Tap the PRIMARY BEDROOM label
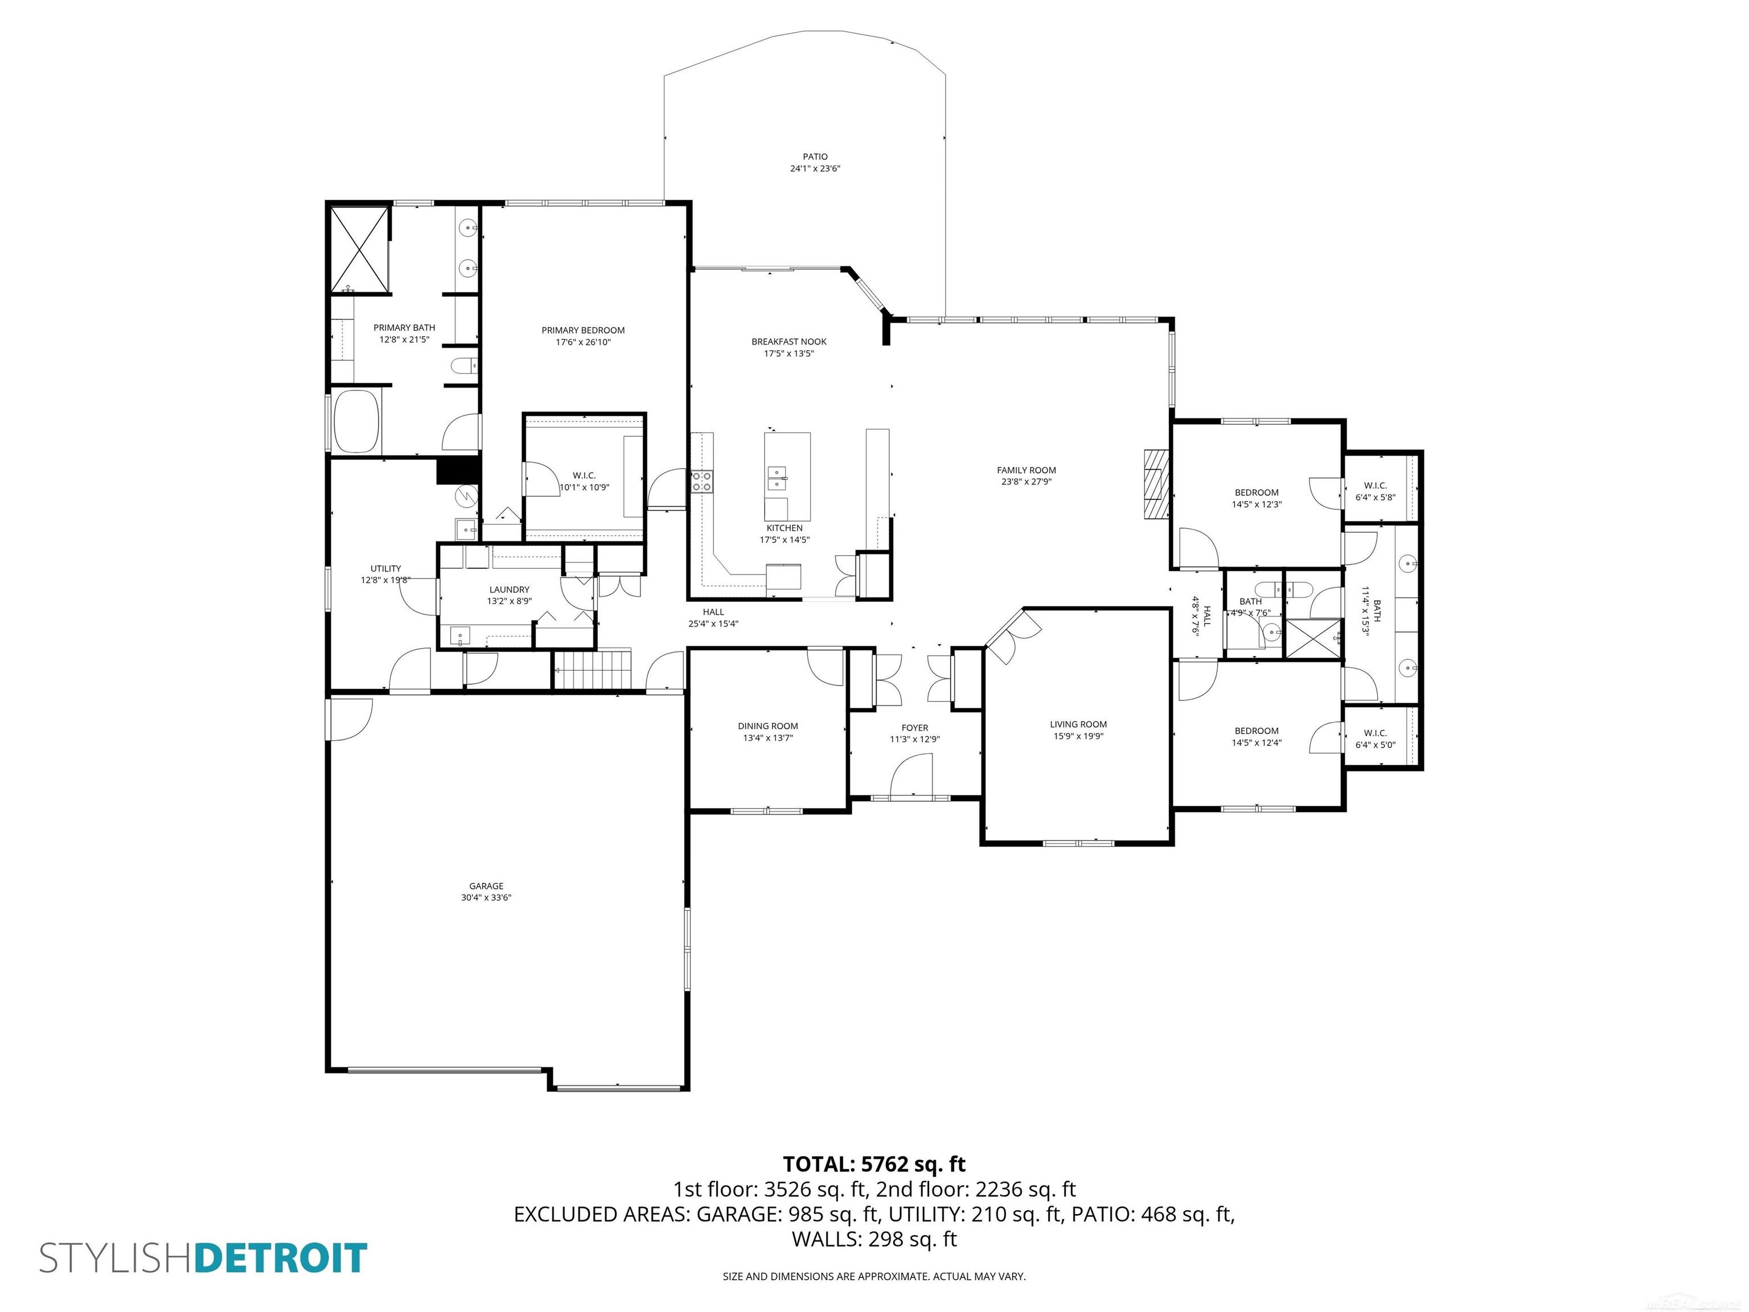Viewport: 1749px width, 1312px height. (x=583, y=331)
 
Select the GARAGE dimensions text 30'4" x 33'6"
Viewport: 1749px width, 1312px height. (x=486, y=897)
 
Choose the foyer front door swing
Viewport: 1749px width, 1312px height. (x=911, y=775)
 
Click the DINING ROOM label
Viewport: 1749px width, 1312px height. (x=768, y=726)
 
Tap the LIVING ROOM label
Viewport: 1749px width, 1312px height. (x=1078, y=724)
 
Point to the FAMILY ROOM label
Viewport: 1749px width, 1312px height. (x=1027, y=470)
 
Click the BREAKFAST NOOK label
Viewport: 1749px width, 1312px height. (x=789, y=342)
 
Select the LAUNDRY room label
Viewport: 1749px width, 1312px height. (x=509, y=589)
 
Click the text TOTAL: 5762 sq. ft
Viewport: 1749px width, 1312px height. (x=874, y=1164)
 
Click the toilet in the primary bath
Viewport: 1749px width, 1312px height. (x=462, y=366)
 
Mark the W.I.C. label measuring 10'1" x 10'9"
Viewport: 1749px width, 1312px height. (x=584, y=475)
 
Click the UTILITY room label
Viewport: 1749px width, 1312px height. (x=386, y=569)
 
